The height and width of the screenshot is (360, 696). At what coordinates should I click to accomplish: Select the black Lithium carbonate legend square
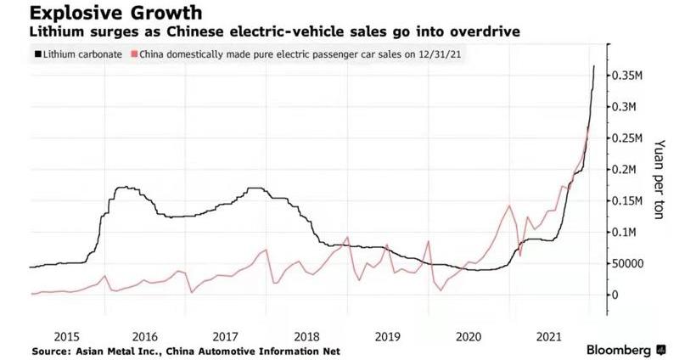(x=36, y=54)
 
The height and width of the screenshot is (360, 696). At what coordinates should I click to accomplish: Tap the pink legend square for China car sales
(x=131, y=54)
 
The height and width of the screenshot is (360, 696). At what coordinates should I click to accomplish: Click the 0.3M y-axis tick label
(x=626, y=107)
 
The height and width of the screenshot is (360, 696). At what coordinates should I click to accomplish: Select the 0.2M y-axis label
(x=626, y=170)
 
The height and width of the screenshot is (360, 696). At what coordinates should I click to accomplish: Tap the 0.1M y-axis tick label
(x=626, y=232)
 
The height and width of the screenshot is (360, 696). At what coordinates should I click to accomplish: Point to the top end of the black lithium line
(x=594, y=65)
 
